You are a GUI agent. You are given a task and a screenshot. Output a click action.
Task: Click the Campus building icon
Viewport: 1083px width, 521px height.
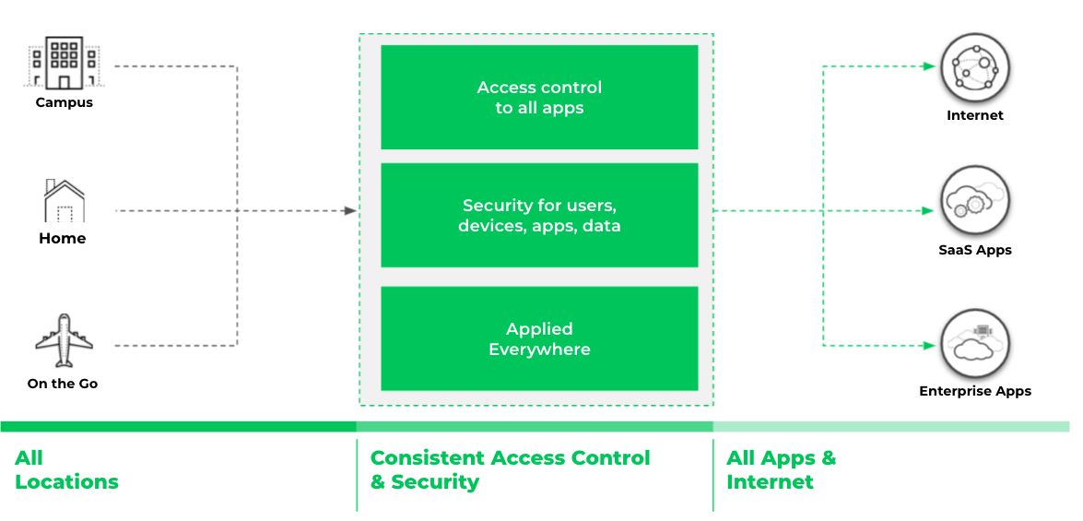click(x=64, y=64)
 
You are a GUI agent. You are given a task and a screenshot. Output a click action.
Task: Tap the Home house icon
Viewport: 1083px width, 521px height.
click(x=64, y=201)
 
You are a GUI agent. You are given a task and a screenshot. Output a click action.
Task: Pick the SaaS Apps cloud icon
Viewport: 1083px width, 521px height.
click(x=974, y=202)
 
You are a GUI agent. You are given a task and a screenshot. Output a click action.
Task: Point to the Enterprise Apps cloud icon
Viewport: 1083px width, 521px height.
click(x=974, y=343)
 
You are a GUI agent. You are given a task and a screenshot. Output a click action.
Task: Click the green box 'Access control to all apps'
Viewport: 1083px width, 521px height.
click(x=539, y=98)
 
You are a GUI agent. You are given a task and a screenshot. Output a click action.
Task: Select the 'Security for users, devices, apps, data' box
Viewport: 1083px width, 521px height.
click(x=539, y=216)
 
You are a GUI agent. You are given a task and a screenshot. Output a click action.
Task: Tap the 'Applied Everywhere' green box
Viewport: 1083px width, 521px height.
click(x=539, y=338)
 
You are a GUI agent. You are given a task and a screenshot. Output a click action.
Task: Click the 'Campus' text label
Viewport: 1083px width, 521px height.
click(x=64, y=102)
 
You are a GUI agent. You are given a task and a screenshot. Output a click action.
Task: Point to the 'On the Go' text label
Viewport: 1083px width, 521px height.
click(x=63, y=384)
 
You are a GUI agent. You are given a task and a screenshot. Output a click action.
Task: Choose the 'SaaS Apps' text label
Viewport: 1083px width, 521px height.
click(x=974, y=250)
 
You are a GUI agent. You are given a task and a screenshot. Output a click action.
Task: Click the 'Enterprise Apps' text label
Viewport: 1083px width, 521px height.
click(x=974, y=391)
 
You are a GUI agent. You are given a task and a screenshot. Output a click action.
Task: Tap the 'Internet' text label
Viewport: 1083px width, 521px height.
click(x=974, y=115)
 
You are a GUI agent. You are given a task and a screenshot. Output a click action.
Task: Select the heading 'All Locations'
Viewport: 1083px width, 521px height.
click(x=66, y=469)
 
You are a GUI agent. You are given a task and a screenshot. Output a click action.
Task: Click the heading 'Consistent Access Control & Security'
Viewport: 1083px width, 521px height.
click(x=510, y=469)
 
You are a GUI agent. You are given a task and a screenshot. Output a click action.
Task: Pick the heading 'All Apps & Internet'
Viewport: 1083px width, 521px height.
click(x=781, y=469)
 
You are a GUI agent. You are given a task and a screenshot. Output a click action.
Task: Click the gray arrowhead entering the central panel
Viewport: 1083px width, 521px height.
click(x=350, y=211)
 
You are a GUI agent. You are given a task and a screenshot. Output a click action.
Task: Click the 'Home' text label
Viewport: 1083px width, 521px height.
click(x=63, y=238)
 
